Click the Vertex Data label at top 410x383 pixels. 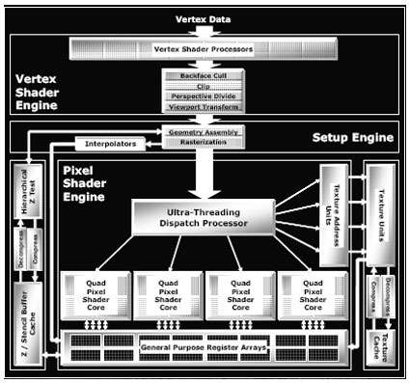coord(205,18)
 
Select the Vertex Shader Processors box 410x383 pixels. coord(205,47)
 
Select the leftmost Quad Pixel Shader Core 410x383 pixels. coord(94,296)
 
